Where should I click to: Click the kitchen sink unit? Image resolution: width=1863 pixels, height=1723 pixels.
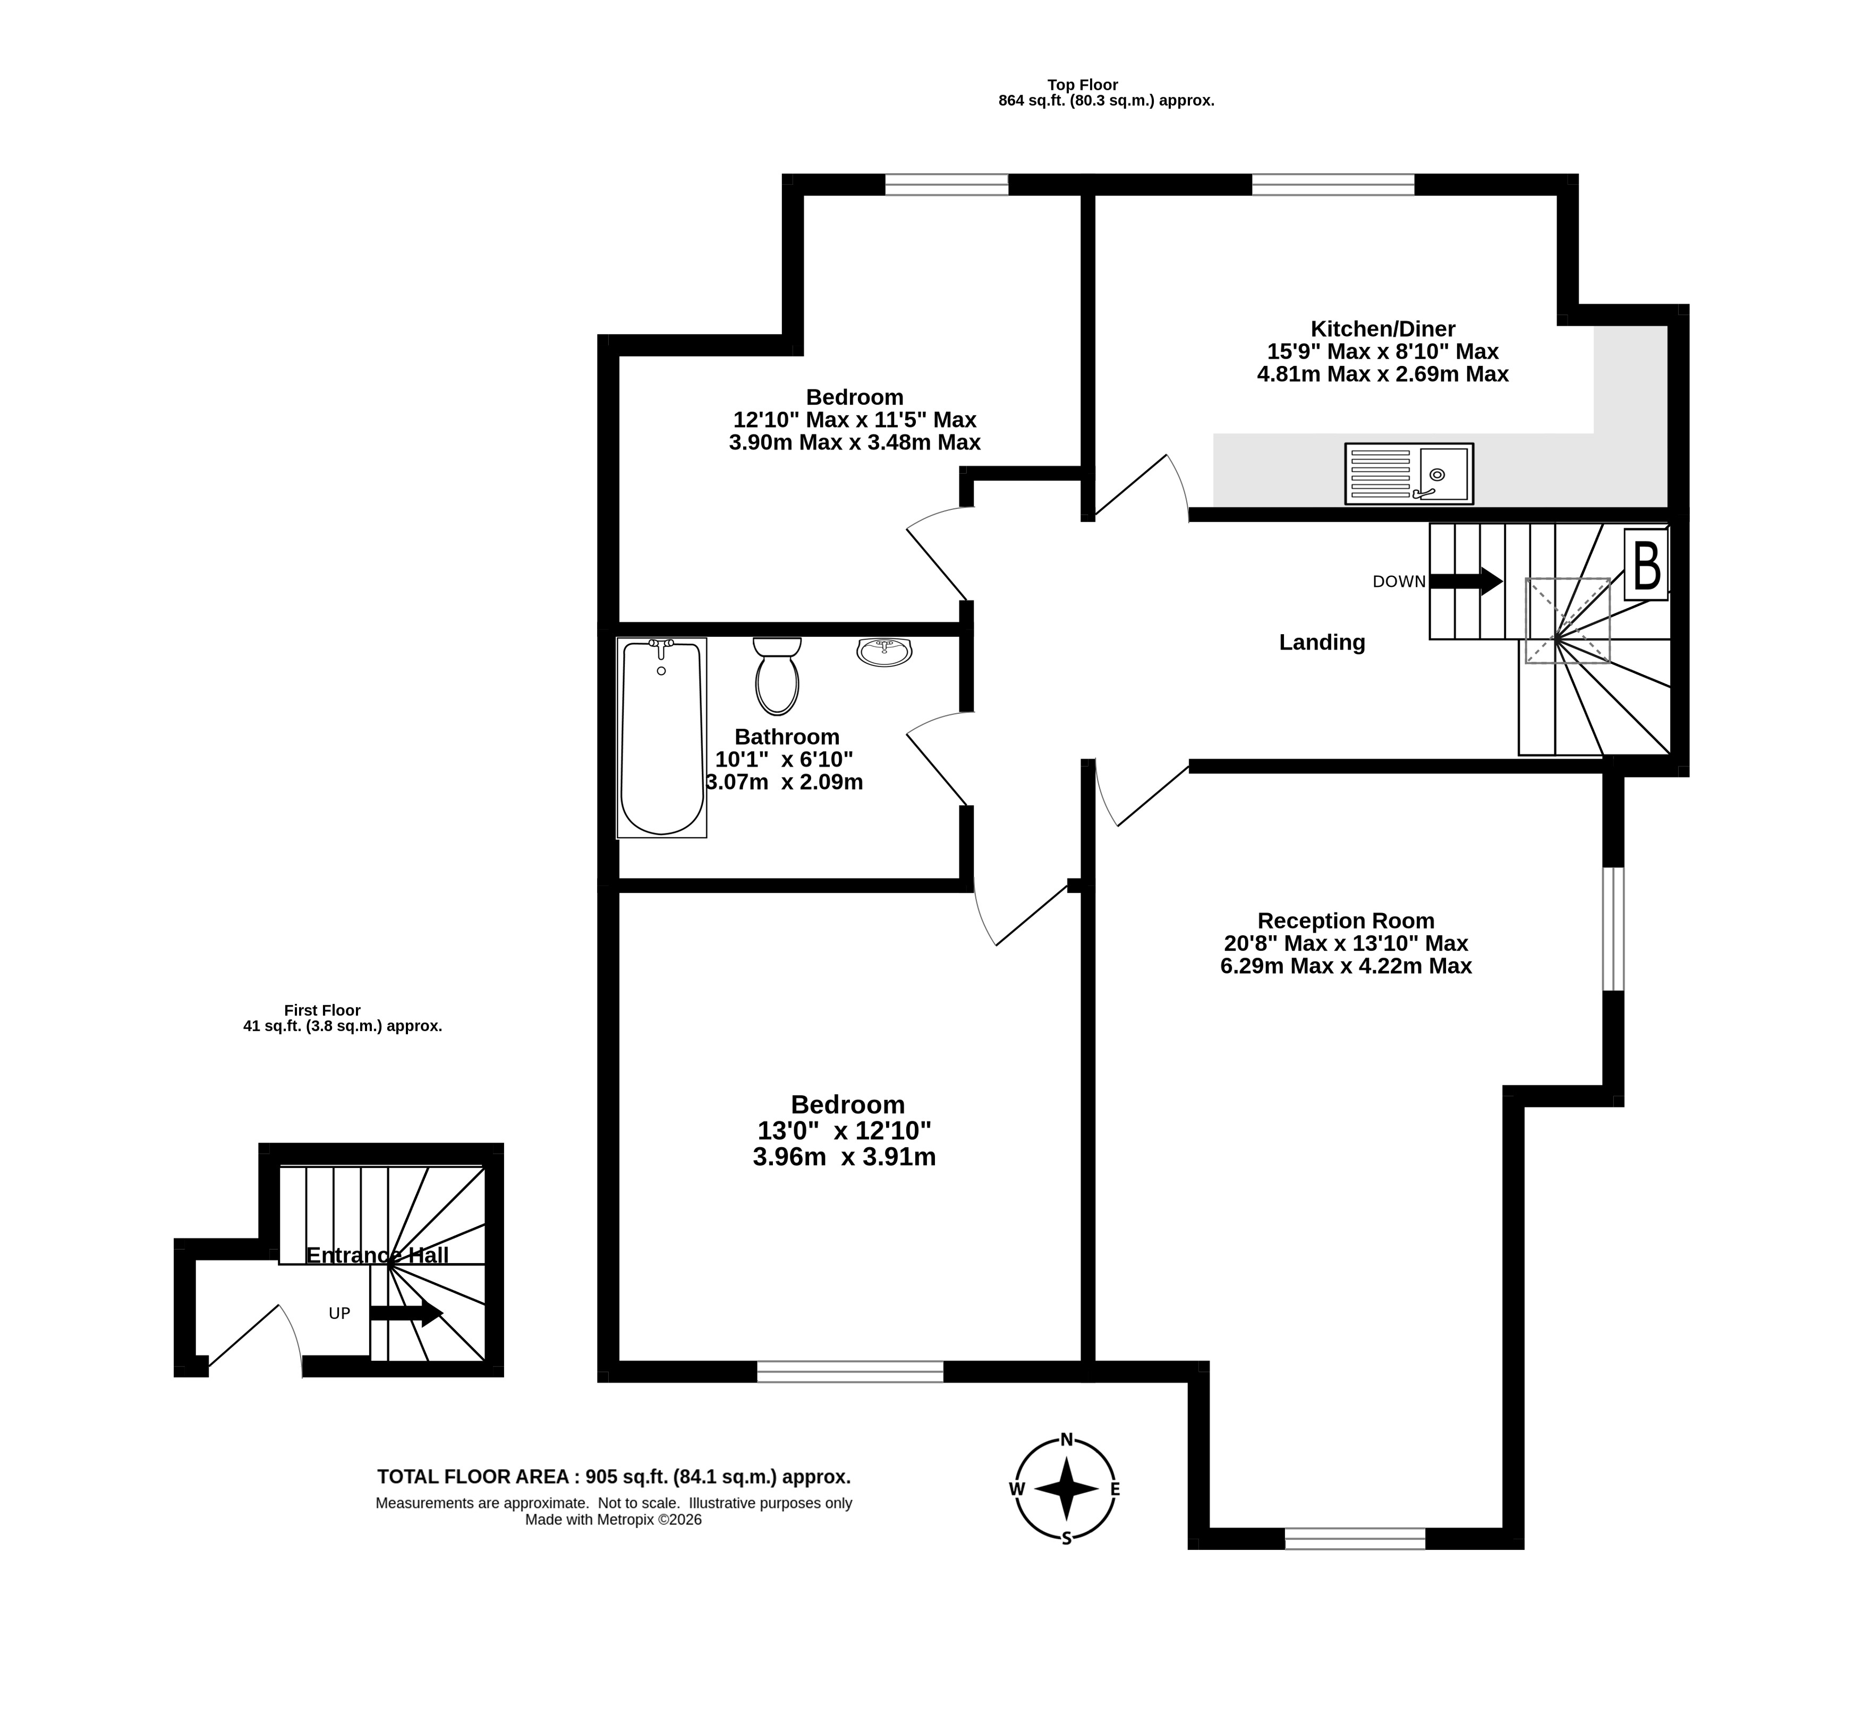1408,474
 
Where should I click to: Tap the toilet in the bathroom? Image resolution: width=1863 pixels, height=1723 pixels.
777,676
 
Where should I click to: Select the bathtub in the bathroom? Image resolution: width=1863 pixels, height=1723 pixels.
661,737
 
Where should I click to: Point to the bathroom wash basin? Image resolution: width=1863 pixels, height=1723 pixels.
884,652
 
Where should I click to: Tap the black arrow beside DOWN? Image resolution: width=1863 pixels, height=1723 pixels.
1466,582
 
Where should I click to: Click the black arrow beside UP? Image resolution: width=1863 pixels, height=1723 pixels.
406,1313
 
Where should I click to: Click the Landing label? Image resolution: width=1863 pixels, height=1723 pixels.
1321,642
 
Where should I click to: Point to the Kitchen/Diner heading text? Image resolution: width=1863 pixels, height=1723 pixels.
1383,328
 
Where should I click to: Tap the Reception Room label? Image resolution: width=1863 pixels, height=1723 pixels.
1346,920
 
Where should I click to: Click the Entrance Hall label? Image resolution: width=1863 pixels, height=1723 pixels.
377,1255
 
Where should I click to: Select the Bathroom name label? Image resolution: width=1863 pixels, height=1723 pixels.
787,737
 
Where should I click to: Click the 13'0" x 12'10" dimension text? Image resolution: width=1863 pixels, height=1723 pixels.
844,1130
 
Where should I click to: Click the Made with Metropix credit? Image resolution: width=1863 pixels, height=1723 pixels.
614,1520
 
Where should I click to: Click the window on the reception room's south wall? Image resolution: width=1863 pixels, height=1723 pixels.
1355,1538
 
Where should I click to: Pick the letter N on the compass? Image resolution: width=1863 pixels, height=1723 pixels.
1067,1439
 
